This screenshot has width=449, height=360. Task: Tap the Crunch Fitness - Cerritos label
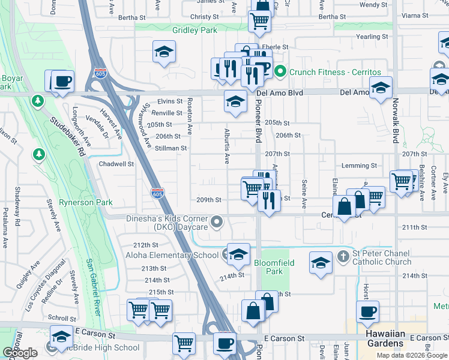328,72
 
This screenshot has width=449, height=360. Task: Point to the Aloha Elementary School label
172,255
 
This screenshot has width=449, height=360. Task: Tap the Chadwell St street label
116,164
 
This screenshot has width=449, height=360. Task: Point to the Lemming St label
359,166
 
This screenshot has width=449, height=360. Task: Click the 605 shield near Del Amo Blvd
101,73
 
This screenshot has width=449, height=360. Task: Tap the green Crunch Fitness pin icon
280,72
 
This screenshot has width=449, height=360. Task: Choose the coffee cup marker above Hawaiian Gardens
367,311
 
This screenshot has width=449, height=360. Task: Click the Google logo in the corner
20,353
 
